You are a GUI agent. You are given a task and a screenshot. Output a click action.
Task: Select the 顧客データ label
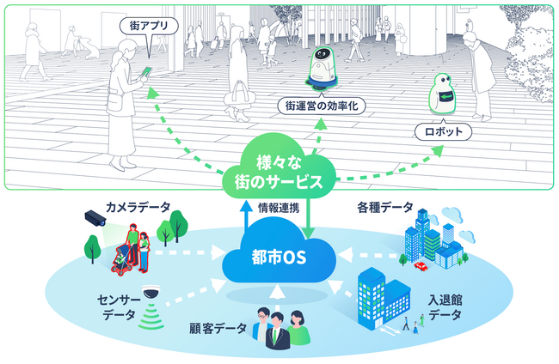tap(218, 327)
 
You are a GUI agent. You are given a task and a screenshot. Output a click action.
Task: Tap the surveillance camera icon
tap(95, 219)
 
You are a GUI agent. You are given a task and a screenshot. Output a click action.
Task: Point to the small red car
tap(421, 265)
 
